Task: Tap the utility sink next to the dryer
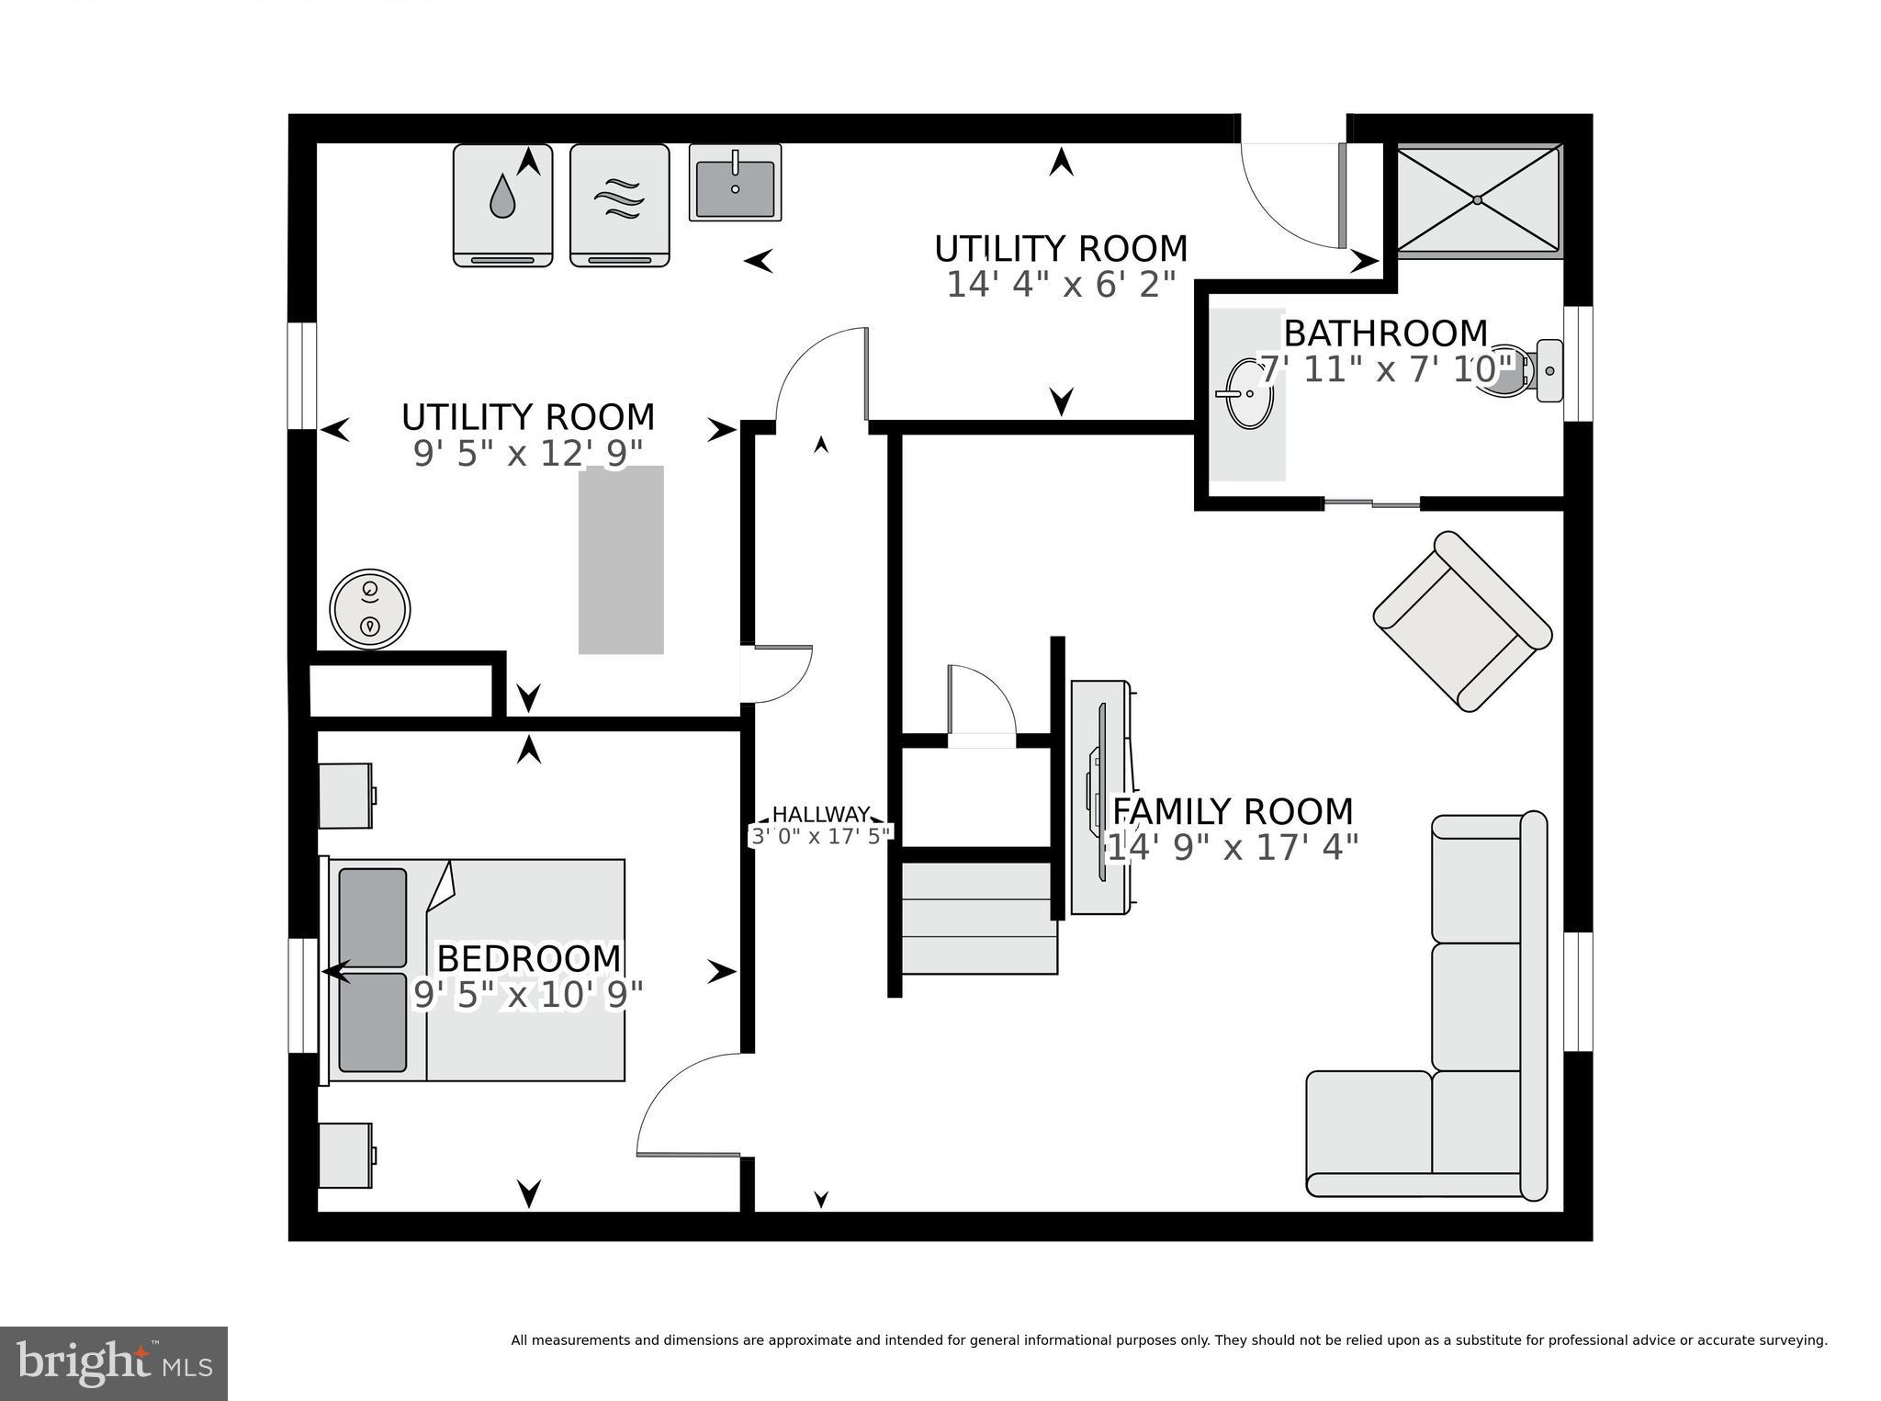click(735, 183)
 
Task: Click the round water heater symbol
click(369, 609)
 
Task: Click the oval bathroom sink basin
click(1250, 393)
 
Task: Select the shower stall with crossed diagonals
click(1478, 199)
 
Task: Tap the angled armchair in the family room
click(1462, 622)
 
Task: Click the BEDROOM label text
click(528, 958)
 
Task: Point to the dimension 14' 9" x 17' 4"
click(1232, 847)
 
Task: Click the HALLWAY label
click(820, 815)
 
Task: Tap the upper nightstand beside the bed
click(345, 796)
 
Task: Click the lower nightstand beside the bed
click(345, 1155)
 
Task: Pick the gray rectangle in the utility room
click(621, 560)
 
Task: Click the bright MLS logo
click(114, 1362)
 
